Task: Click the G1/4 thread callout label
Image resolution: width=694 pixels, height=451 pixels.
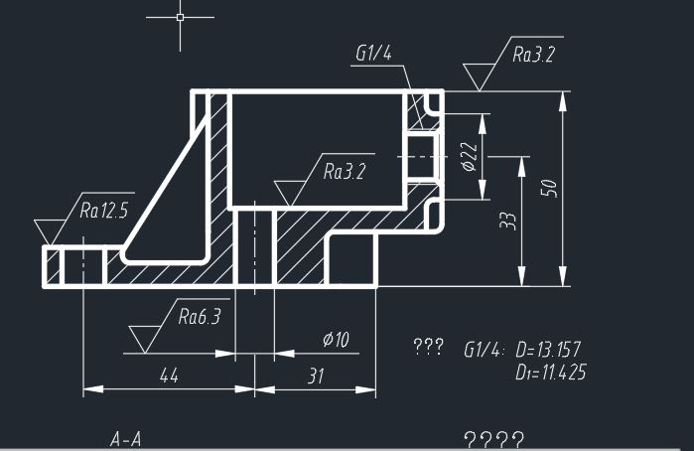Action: point(374,54)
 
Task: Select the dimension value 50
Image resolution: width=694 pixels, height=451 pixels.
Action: point(549,188)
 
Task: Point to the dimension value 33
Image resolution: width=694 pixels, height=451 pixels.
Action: point(508,221)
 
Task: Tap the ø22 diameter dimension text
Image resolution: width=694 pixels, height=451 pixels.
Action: point(470,156)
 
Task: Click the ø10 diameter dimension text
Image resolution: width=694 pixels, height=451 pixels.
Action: point(336,340)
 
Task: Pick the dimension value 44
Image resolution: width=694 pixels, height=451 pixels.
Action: point(169,376)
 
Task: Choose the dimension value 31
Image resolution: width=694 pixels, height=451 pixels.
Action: point(316,376)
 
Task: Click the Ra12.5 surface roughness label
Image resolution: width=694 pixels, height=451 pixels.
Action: point(104,210)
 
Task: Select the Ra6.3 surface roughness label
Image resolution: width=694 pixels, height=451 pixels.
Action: point(200,316)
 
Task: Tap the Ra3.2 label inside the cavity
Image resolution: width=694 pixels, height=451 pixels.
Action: point(345,172)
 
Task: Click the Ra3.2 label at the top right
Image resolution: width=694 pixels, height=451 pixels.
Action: point(533,55)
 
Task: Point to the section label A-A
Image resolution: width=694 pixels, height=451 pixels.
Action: point(126,439)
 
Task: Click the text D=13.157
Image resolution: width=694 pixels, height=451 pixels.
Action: point(548,350)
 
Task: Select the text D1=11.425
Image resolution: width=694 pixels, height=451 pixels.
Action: point(551,373)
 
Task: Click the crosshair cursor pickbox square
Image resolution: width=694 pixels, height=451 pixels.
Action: point(180,17)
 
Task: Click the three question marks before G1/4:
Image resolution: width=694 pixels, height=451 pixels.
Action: point(429,347)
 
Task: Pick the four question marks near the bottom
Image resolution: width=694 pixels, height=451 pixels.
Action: point(494,440)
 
